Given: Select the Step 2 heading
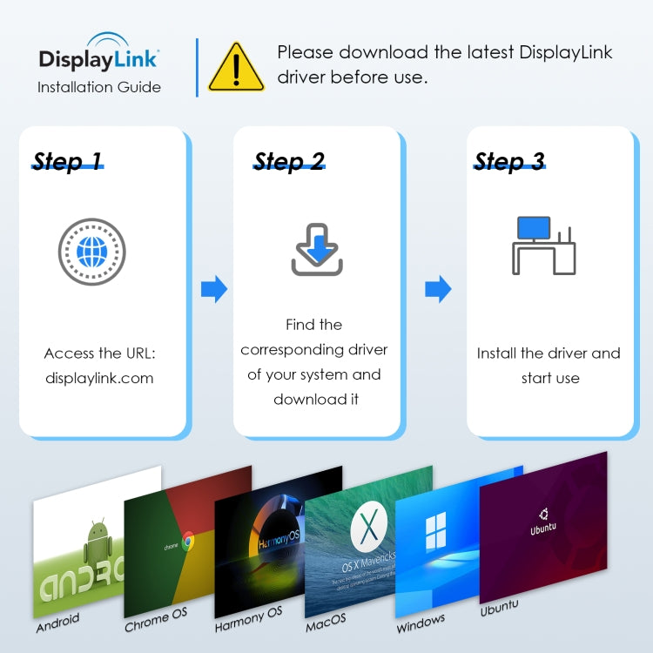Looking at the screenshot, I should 289,161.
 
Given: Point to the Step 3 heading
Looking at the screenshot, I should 509,161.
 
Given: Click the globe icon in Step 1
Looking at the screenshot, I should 91,252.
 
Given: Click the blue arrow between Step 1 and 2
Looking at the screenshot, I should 213,289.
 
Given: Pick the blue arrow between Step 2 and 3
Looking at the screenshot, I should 438,289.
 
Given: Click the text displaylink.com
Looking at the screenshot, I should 99,378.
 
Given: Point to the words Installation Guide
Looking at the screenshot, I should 98,87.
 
